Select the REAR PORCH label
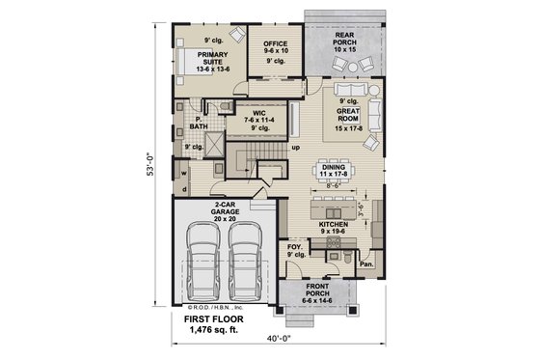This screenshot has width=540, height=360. [x=344, y=39]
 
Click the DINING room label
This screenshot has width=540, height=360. [x=333, y=167]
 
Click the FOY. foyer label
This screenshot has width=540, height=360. [x=294, y=247]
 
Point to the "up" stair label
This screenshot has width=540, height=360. [x=295, y=148]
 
